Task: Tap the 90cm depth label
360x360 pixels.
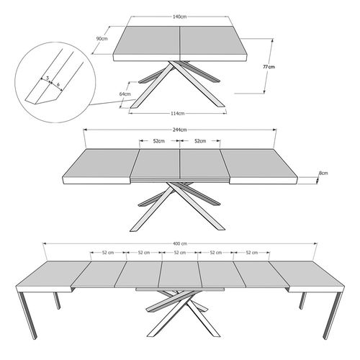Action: [x=102, y=39]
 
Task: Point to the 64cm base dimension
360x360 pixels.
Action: [x=125, y=94]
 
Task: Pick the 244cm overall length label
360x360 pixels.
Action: [x=179, y=129]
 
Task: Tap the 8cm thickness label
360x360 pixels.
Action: [x=323, y=173]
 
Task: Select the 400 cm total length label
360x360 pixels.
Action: [x=180, y=243]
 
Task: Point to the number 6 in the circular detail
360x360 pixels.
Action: [x=57, y=83]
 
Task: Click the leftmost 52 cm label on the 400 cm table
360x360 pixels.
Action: [x=108, y=253]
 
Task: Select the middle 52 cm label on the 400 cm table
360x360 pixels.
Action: [x=179, y=253]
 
